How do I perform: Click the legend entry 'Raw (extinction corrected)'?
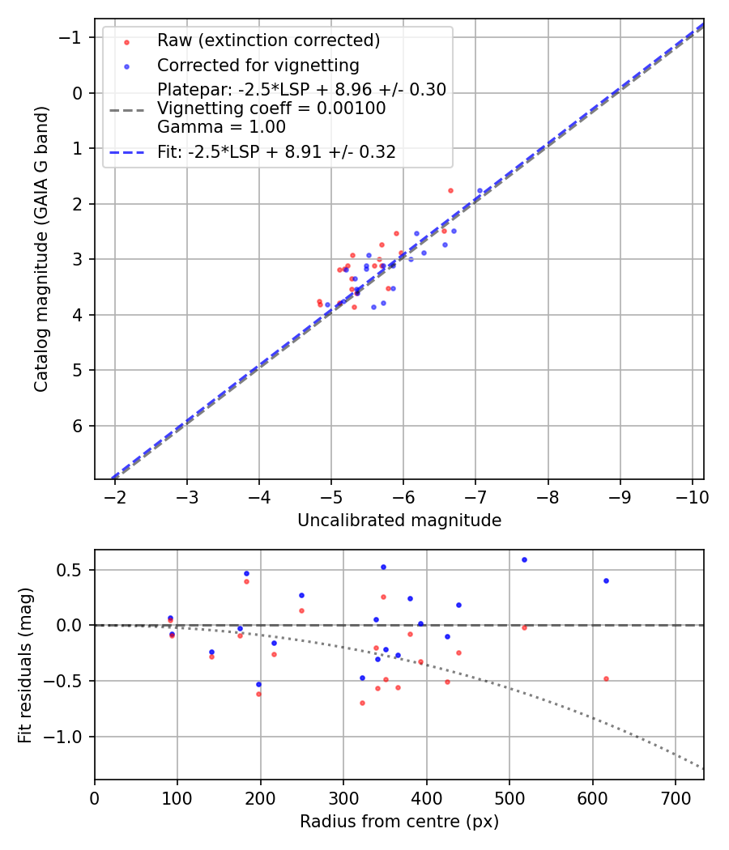tap(268, 40)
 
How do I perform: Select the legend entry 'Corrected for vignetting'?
tap(258, 65)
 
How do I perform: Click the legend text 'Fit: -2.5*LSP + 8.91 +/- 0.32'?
tap(276, 151)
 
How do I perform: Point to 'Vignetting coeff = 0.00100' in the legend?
tap(271, 108)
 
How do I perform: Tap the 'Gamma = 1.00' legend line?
tap(221, 127)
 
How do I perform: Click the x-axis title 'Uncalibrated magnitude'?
tap(399, 521)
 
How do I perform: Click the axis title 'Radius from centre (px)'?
tap(399, 822)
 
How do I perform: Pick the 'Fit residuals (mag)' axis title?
tap(25, 665)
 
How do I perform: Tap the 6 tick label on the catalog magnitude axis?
tap(79, 426)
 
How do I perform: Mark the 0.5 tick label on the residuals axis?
tap(71, 570)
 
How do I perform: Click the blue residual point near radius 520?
tap(524, 559)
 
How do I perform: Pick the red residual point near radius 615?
tap(606, 678)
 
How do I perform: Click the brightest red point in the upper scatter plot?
tap(450, 190)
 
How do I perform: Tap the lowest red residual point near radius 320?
tap(362, 703)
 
